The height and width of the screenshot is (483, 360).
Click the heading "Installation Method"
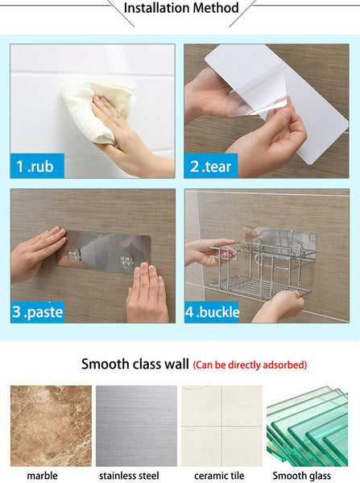tap(181, 8)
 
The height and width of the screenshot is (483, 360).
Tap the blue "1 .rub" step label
tap(37, 166)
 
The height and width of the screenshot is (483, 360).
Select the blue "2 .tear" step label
tap(211, 166)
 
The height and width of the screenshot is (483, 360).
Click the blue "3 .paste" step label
tap(37, 312)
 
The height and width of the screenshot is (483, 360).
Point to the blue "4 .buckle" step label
tap(212, 312)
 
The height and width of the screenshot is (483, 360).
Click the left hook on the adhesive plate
tap(74, 255)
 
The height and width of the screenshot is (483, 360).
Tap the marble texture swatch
tap(52, 426)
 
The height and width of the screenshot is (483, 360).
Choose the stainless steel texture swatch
tap(137, 426)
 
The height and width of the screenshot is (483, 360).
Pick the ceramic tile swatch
tap(222, 426)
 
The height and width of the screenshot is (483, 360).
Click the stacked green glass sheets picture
tap(308, 426)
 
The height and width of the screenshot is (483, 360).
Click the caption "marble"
tap(42, 476)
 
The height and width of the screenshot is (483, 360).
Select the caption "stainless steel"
tap(129, 476)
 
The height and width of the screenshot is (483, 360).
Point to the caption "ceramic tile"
tap(219, 476)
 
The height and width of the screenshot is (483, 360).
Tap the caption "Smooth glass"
tap(302, 476)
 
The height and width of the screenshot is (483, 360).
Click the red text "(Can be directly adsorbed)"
tap(250, 365)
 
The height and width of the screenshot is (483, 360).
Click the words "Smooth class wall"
tap(135, 364)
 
